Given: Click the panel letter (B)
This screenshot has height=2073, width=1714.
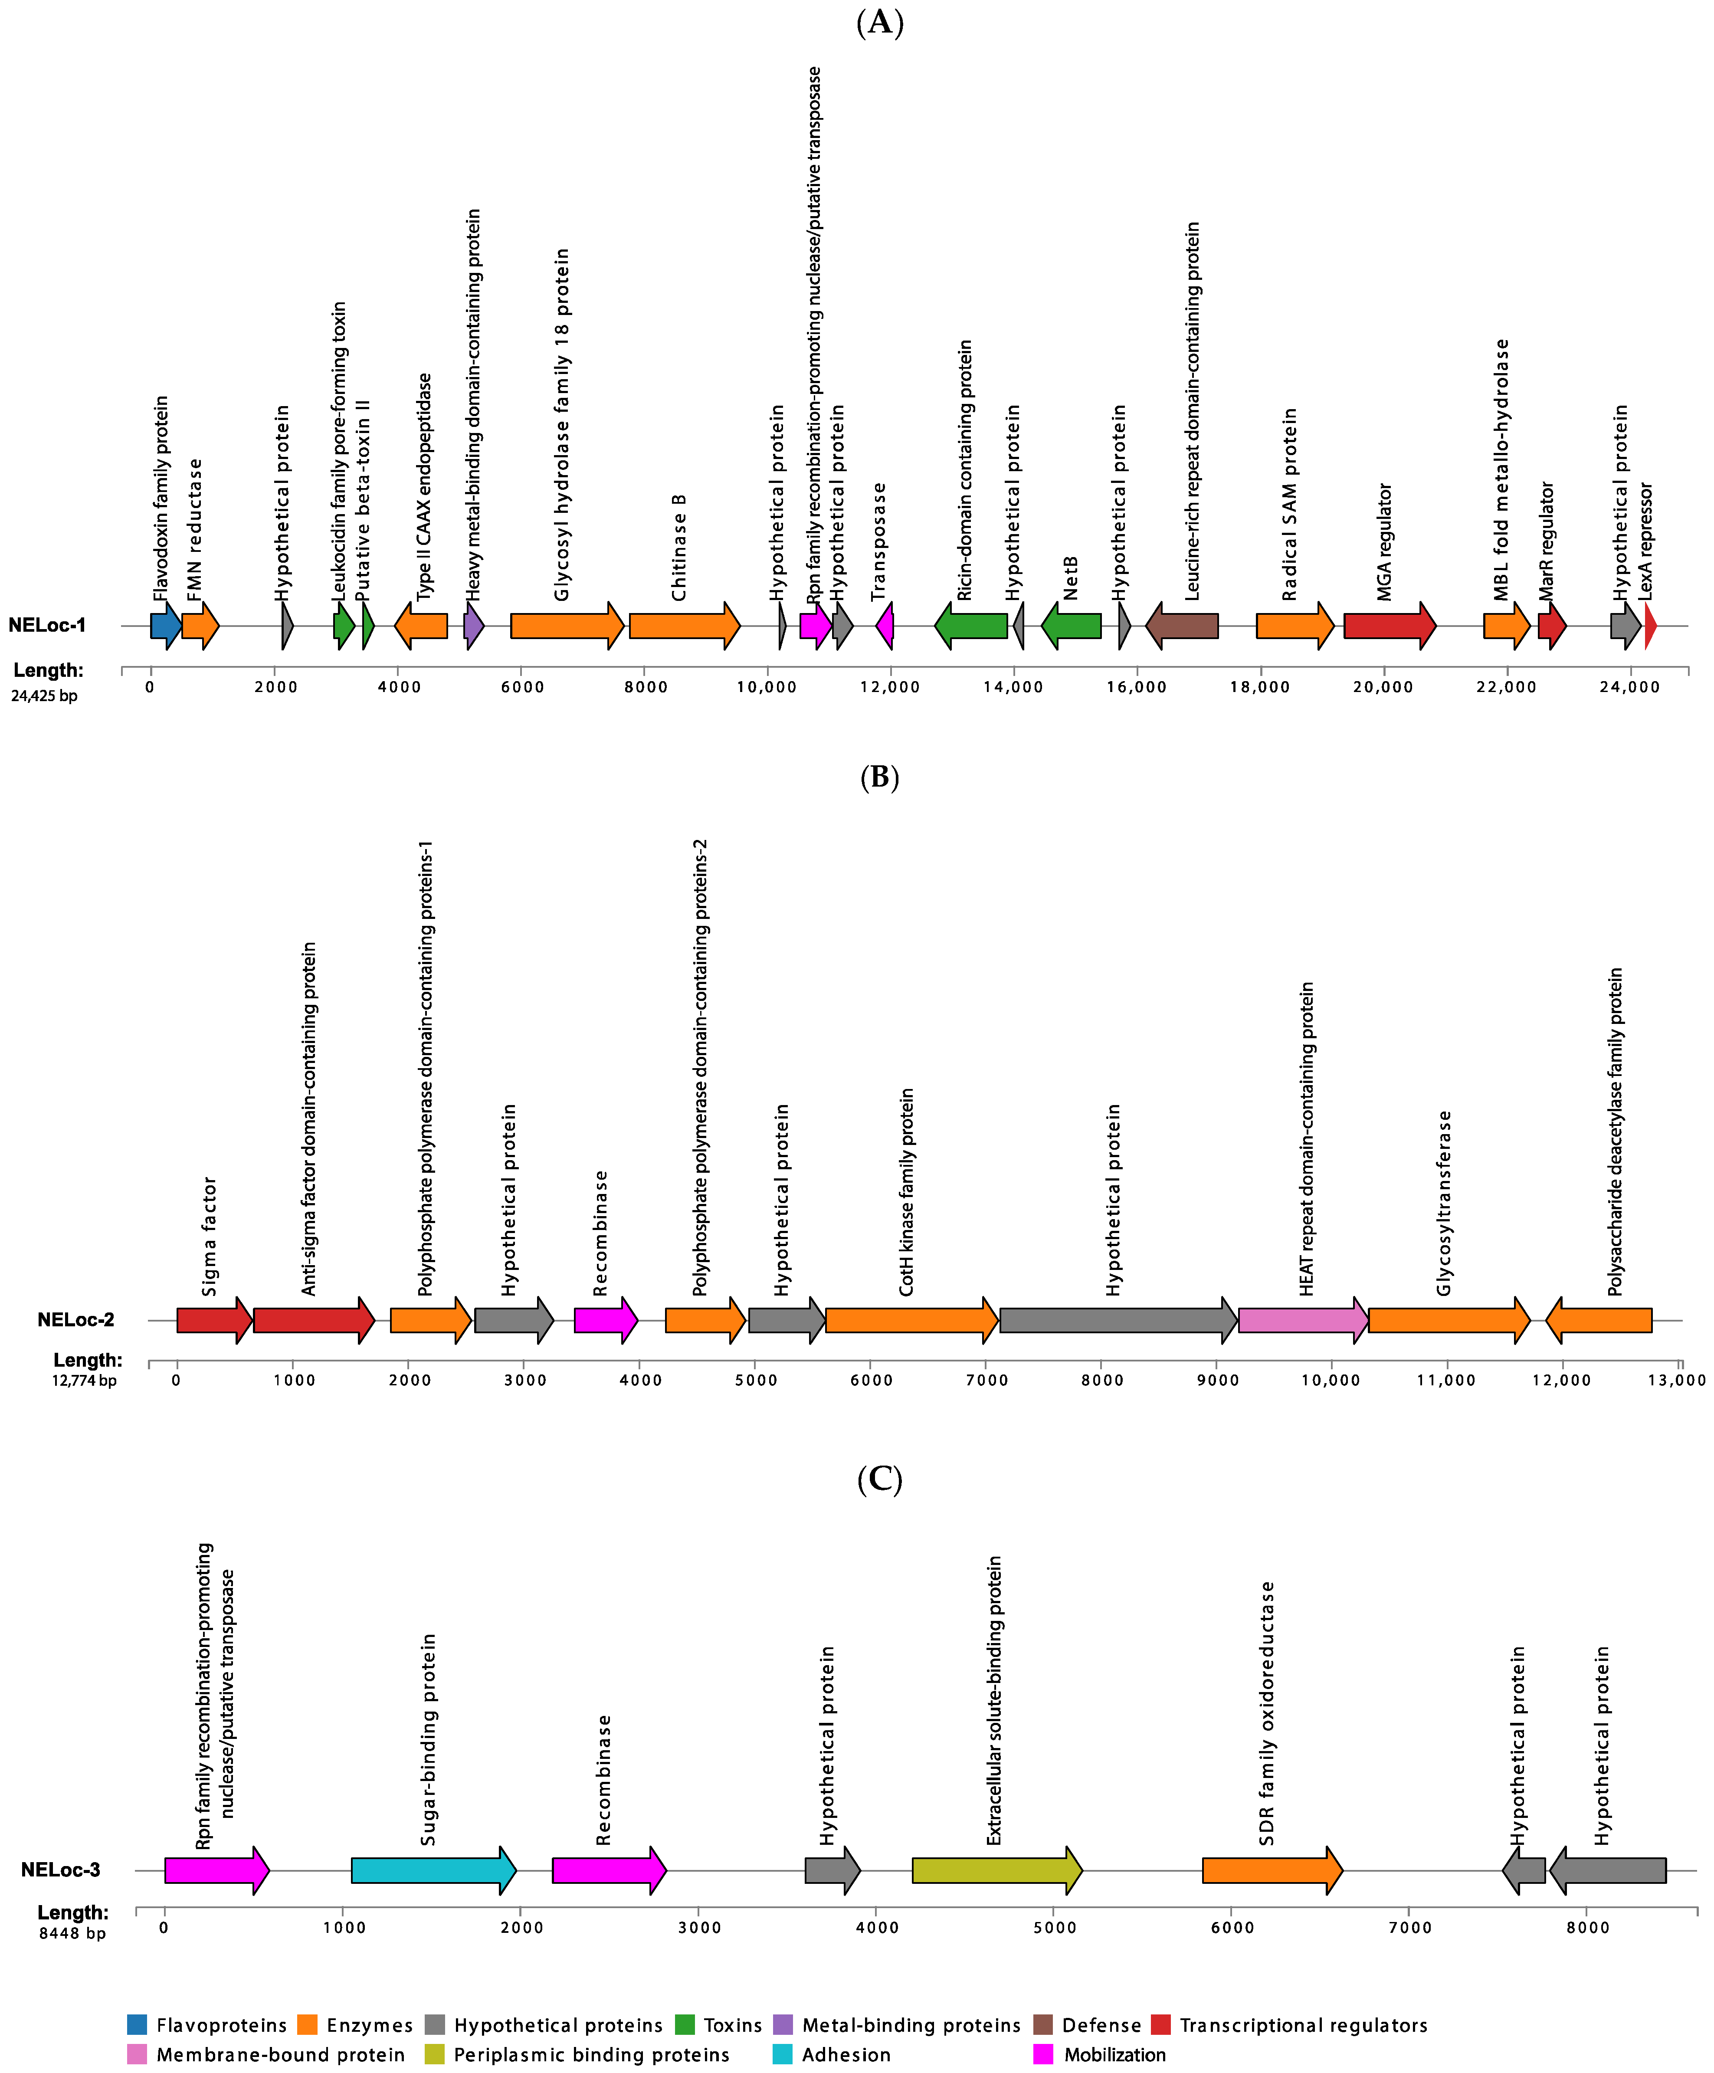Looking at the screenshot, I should click(879, 778).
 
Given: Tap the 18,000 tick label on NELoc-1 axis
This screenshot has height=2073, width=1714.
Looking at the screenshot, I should click(1259, 687).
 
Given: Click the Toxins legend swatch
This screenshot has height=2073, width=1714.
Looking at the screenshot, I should click(685, 2025).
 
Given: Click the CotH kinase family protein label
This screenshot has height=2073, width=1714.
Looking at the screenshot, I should click(906, 1192).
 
